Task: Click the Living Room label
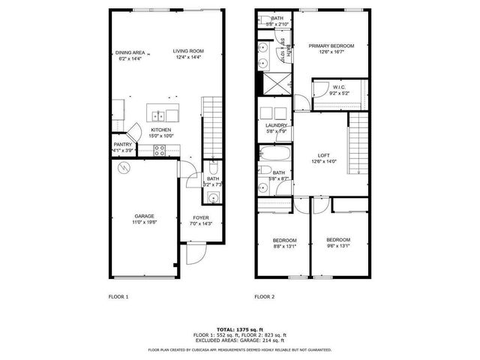[189, 52]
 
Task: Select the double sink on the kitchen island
[160, 116]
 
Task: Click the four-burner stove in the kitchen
[160, 149]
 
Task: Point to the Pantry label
[122, 145]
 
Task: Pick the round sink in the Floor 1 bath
[213, 198]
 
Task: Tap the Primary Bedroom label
[331, 46]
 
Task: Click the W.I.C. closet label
[339, 88]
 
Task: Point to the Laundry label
[277, 125]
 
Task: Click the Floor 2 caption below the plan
[264, 297]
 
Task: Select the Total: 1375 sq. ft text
[240, 329]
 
